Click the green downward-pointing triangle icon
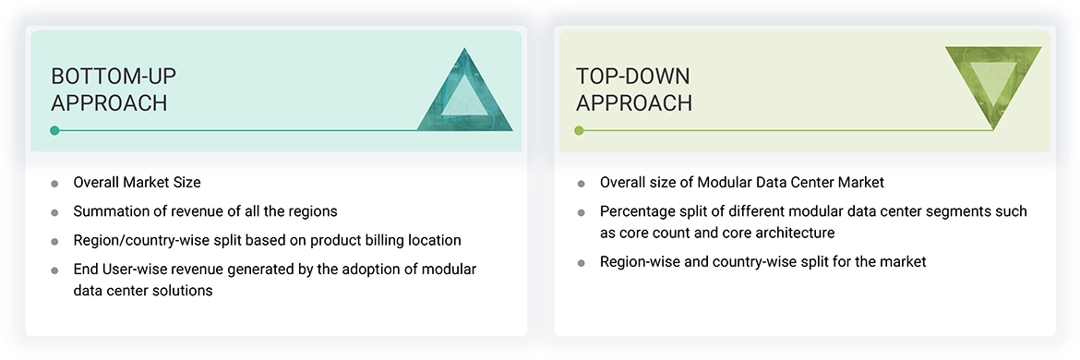[x=993, y=83]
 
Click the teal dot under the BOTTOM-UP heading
[x=54, y=130]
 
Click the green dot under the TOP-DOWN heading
[x=580, y=130]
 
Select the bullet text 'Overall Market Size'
[x=137, y=183]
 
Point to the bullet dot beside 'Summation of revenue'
[x=54, y=212]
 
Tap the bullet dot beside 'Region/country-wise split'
[x=54, y=241]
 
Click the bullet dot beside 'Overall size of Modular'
[x=581, y=184]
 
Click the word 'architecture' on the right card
[x=793, y=233]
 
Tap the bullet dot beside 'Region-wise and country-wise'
[x=581, y=263]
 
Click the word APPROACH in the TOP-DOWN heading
[x=634, y=102]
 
